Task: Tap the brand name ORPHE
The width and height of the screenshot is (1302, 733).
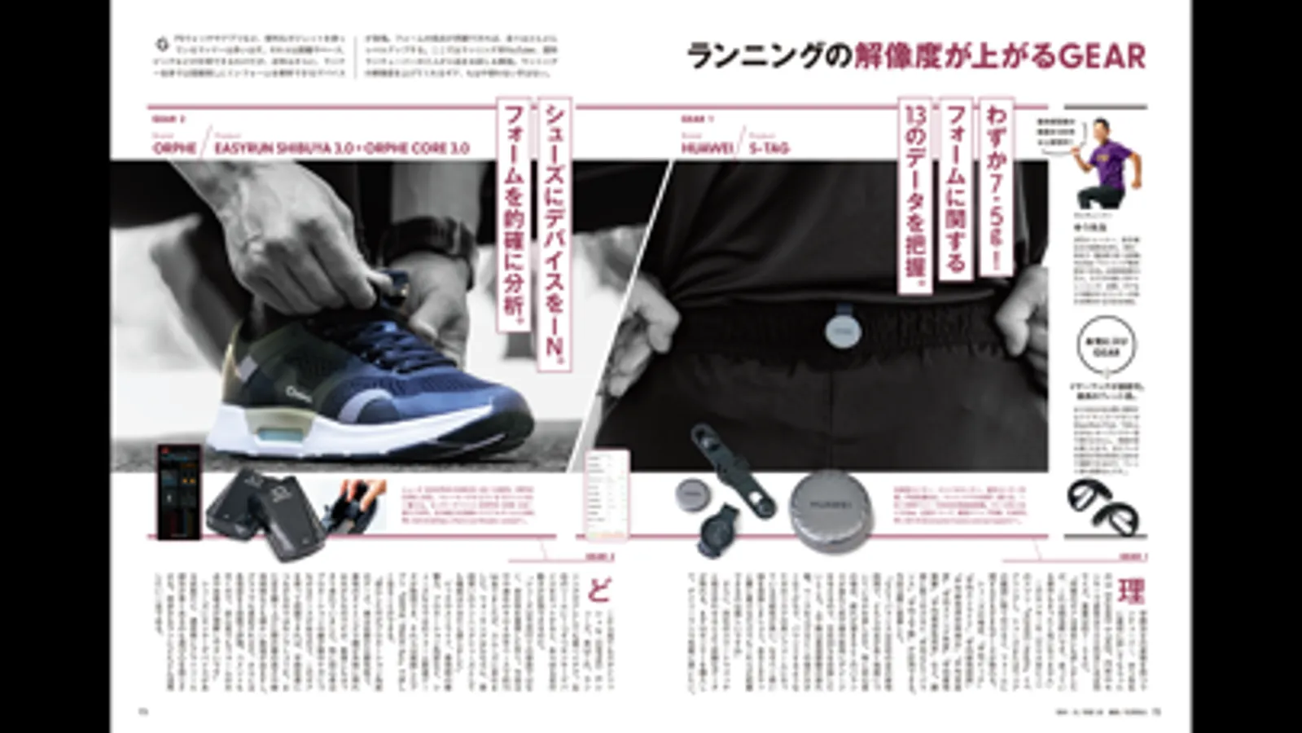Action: tap(174, 148)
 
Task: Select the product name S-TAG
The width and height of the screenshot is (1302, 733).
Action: tap(769, 148)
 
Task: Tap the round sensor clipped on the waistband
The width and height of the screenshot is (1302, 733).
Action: tap(842, 329)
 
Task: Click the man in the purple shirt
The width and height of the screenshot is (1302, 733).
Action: tap(1107, 163)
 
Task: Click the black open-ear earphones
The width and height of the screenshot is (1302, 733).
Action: tap(1103, 505)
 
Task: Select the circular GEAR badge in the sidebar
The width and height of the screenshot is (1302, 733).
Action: tap(1106, 346)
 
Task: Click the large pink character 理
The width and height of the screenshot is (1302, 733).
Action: tap(1130, 592)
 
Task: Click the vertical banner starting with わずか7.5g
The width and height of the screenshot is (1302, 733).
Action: tap(996, 187)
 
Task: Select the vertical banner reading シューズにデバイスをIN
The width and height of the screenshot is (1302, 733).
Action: tap(555, 232)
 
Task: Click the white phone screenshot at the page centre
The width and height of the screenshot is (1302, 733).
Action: tap(607, 493)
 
